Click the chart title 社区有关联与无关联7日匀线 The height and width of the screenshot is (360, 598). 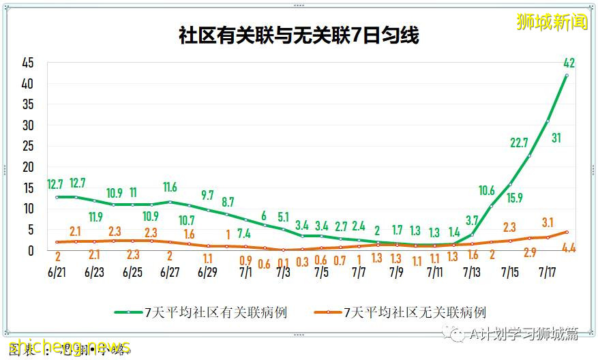click(299, 36)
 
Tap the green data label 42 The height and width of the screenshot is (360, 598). click(569, 63)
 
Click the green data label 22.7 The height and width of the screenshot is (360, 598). click(520, 142)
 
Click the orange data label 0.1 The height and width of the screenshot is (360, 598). click(283, 262)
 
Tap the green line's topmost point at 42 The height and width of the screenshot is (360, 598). click(566, 75)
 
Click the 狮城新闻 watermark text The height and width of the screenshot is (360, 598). click(552, 22)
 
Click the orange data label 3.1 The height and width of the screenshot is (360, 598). click(548, 222)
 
